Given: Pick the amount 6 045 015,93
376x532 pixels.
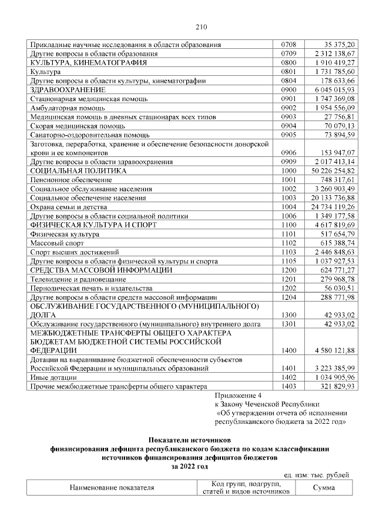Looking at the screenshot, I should tap(333, 90).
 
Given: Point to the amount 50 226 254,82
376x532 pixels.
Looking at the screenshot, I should tap(330, 170).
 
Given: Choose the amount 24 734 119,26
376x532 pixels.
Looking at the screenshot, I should tap(330, 207).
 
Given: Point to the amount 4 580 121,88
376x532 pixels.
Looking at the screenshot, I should tap(333, 351).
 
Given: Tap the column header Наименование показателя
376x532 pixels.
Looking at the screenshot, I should tap(112, 487).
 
